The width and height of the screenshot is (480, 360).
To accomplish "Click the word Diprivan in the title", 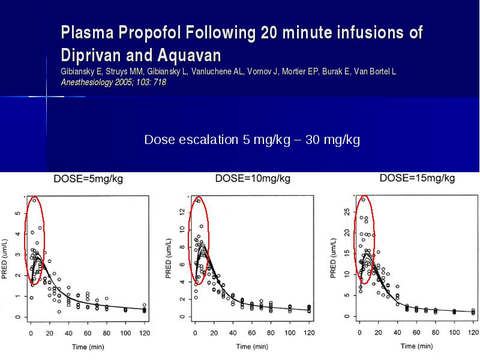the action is tap(91, 56).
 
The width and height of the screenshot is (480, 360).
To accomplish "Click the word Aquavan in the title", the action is tap(189, 55).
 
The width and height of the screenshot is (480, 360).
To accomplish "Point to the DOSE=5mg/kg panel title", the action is tap(88, 179).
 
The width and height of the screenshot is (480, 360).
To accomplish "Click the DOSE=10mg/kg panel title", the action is tap(253, 178).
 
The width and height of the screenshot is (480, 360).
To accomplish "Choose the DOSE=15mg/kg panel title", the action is tap(417, 178).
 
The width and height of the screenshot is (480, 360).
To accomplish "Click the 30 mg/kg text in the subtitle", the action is tap(332, 140).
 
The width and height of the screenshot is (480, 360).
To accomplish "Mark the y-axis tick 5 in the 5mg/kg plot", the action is tap(18, 213).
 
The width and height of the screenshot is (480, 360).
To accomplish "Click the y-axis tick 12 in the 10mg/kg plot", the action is tap(182, 211).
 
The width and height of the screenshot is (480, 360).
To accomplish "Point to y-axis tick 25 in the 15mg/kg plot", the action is tap(347, 212).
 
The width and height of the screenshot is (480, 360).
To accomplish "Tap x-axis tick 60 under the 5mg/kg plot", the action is tap(88, 333).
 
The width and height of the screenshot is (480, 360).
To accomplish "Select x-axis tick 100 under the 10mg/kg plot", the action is tap(290, 333).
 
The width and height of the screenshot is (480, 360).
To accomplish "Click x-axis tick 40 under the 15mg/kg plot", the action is tap(397, 332).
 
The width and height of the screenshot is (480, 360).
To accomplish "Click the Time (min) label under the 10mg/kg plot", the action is tap(252, 347).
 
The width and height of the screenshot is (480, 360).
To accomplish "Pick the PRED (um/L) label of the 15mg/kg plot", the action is tap(334, 258).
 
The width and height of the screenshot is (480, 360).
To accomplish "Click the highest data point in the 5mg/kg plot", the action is tap(34, 200).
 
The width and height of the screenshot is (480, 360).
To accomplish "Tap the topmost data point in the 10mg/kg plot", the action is tap(199, 201).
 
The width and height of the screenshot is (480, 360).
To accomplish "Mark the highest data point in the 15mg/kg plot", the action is tap(364, 200).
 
